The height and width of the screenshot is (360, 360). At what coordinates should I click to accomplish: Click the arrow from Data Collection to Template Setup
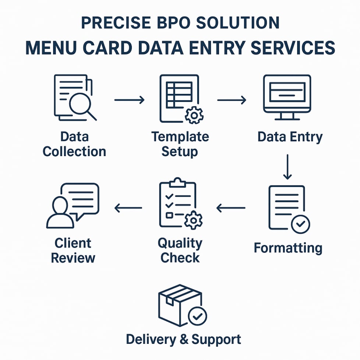[129, 100]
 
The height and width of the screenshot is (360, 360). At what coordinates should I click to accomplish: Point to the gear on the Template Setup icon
[194, 116]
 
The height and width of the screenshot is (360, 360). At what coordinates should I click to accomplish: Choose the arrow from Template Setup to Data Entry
[232, 100]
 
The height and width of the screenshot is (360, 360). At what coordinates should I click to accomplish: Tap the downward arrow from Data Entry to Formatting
[287, 167]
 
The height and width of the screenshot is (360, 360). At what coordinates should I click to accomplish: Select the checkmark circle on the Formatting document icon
[300, 224]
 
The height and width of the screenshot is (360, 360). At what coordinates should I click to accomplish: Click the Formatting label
[288, 248]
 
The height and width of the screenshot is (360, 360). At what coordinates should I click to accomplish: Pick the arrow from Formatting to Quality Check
[231, 208]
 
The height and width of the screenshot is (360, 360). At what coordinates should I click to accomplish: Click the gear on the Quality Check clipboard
[193, 220]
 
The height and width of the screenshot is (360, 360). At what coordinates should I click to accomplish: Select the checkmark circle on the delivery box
[197, 316]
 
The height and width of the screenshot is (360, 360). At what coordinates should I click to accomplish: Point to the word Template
[180, 137]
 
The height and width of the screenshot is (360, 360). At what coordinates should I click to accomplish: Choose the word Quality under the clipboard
[180, 243]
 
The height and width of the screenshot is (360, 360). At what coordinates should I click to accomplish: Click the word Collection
[74, 151]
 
